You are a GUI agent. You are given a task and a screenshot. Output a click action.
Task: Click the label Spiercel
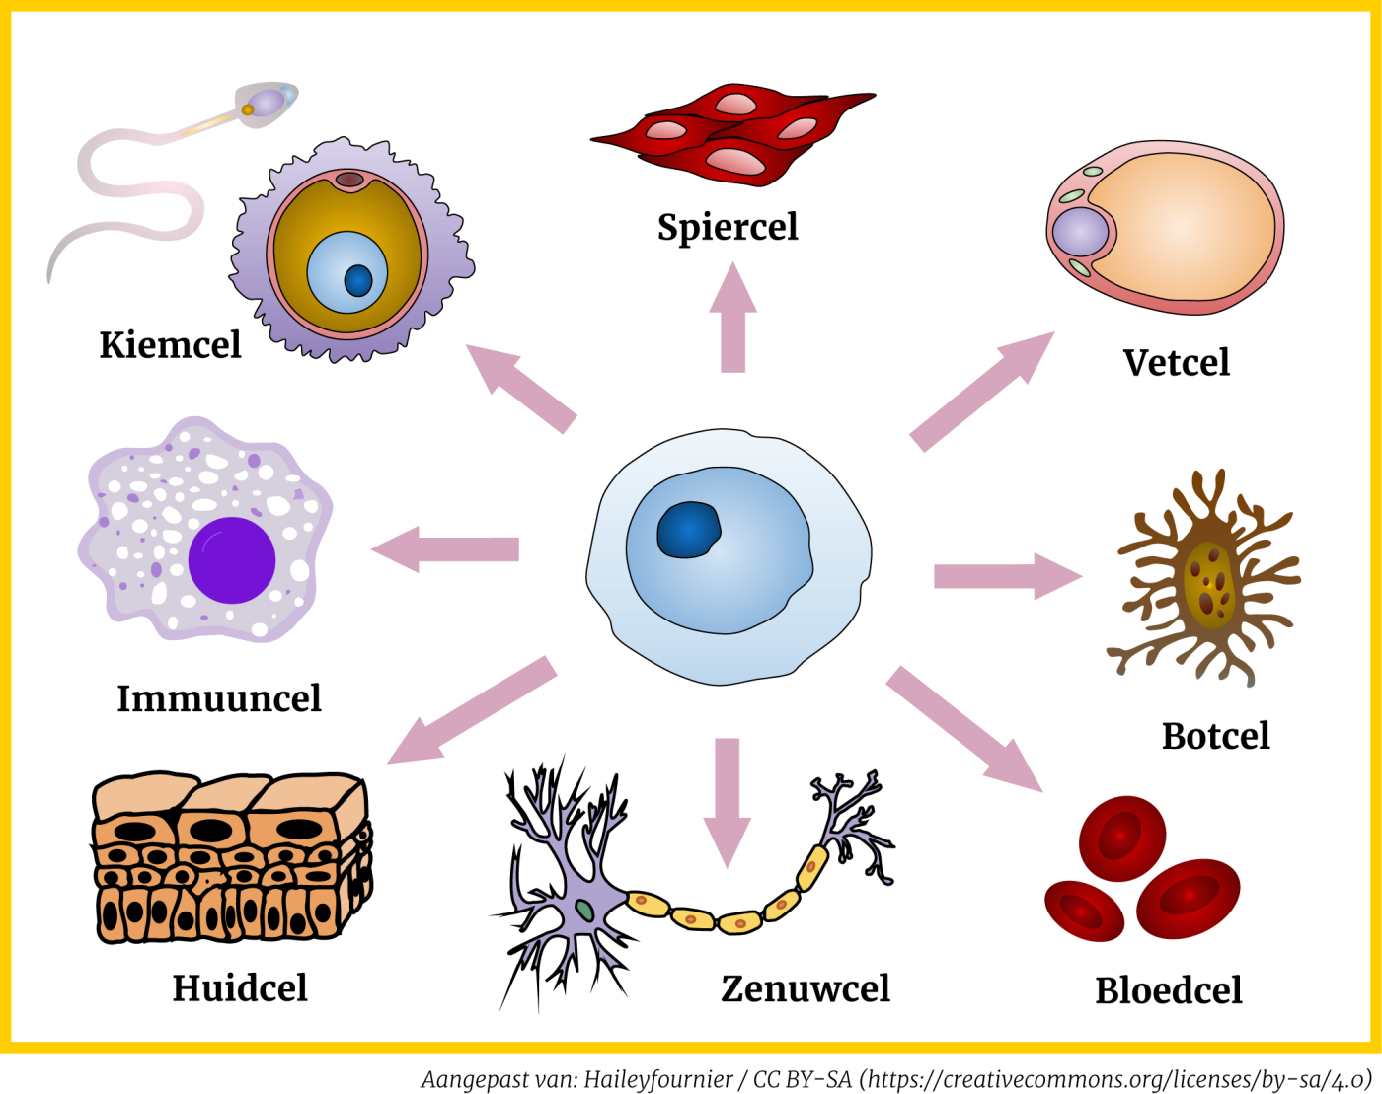pos(728,227)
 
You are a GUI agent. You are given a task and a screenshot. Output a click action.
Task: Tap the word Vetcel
pos(1176,363)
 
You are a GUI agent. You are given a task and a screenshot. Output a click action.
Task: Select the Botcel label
pos(1215,736)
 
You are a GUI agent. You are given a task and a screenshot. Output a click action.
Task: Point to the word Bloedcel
pos(1169,990)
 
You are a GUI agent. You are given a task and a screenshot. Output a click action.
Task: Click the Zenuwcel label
pos(806,988)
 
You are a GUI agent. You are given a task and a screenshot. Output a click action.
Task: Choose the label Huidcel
pos(240,987)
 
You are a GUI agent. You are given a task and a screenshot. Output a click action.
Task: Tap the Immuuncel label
pos(219,698)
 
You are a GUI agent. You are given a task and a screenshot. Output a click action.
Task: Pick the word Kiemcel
pos(170,345)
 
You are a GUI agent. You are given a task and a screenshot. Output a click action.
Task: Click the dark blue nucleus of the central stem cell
pos(688,530)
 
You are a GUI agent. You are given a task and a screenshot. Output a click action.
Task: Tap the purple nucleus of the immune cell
pos(232,560)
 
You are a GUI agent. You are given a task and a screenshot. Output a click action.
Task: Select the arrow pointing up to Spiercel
pos(732,316)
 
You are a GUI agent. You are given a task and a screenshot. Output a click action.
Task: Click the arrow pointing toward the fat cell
pos(982,391)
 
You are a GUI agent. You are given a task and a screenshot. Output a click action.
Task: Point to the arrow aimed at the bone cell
pos(1007,576)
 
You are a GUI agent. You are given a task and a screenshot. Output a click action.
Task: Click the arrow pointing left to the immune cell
pos(444,549)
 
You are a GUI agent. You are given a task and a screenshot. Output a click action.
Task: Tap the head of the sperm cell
pos(267,102)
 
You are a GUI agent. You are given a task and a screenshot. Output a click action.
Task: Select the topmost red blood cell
pos(1122,838)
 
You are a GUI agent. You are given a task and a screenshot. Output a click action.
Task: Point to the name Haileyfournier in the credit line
pos(658,1079)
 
